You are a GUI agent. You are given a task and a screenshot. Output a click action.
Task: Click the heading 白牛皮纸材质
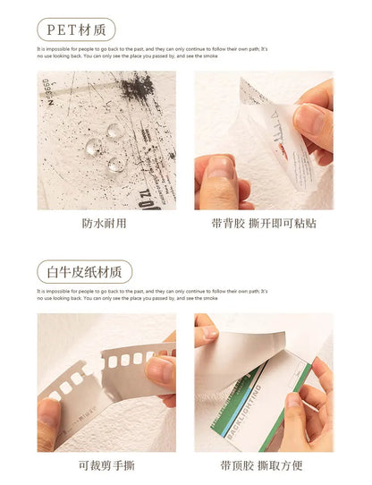click(x=85, y=271)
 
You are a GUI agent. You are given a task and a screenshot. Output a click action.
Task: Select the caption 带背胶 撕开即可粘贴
click(x=264, y=223)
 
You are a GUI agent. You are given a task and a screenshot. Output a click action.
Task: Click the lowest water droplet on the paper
click(x=117, y=165)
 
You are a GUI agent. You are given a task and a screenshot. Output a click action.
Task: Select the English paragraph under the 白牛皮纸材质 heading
click(x=152, y=295)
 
